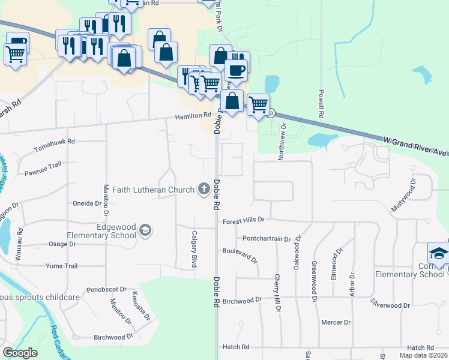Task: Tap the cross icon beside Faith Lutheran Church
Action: click(x=204, y=190)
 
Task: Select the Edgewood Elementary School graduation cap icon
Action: click(x=145, y=230)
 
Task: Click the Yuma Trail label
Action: click(x=62, y=266)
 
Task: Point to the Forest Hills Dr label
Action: click(x=243, y=221)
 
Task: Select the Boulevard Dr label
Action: click(x=240, y=256)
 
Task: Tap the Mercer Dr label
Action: click(x=336, y=322)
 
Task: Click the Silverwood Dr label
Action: click(x=390, y=304)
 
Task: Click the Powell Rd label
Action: click(x=321, y=104)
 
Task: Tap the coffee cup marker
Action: click(x=236, y=70)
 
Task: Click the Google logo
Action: click(x=20, y=353)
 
